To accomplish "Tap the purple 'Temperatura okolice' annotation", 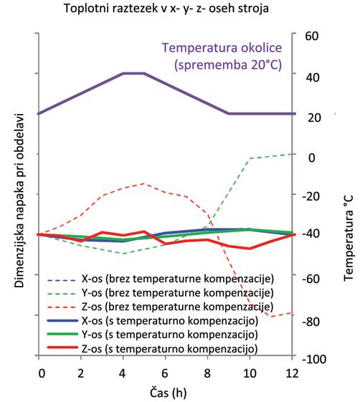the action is coord(222,48).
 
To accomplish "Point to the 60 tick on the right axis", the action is coord(312,36).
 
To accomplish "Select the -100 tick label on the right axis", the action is coord(314,359).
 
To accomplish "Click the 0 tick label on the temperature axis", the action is coord(311,158).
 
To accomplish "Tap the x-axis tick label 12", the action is coord(292,373).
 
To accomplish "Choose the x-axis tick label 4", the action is coord(123,373).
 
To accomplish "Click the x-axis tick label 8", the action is coord(207,373).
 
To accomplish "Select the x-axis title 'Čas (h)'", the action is coord(169,393).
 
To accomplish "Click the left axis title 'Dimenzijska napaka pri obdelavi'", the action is coord(19,201).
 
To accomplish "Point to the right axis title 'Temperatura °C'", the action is coord(349,238).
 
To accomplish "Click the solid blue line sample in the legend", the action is coord(62,321).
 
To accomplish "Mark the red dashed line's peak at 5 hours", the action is coord(144,183).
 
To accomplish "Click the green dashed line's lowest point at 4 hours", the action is coord(123,254).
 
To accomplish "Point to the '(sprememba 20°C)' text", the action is coord(228,64).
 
